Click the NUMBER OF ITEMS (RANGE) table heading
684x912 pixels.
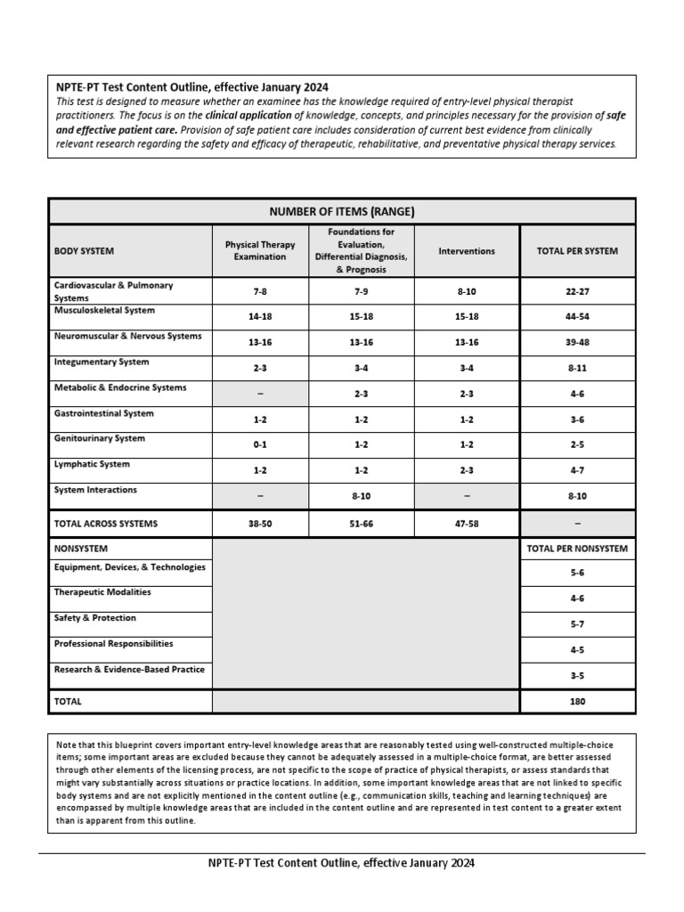point(342,211)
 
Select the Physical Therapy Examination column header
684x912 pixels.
point(260,251)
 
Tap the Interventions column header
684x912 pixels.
point(466,251)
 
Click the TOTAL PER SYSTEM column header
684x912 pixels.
point(577,251)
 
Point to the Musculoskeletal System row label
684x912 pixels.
point(104,311)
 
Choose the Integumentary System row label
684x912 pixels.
point(102,362)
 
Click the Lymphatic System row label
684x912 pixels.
point(92,464)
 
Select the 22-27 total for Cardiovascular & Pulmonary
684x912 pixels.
point(577,290)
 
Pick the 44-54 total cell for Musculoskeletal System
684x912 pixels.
point(577,316)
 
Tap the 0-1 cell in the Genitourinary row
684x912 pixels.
point(260,444)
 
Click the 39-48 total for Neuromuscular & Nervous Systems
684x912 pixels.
point(577,342)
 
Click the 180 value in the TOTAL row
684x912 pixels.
point(577,701)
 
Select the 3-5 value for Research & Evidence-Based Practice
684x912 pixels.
point(577,675)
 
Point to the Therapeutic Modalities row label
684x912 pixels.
point(102,592)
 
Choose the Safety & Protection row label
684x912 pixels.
point(95,618)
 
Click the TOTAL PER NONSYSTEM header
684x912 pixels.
point(577,549)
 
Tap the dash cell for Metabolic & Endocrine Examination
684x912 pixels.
point(260,393)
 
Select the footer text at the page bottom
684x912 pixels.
point(342,863)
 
